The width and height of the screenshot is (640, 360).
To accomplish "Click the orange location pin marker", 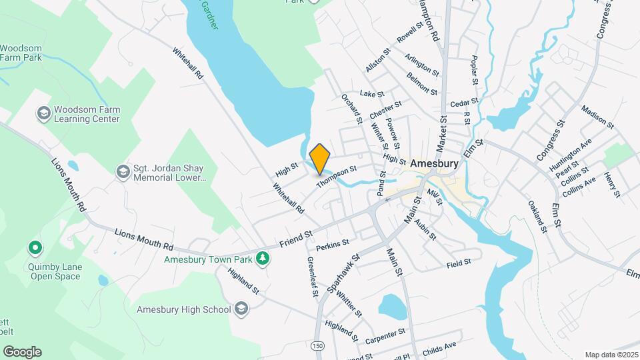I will (x=320, y=158).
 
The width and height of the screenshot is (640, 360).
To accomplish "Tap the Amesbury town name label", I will (x=434, y=163).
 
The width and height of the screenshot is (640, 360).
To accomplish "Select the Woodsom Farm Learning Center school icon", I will (x=43, y=113).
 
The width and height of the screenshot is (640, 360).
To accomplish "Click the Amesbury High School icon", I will (x=241, y=309).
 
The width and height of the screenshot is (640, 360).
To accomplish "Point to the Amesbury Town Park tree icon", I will (x=263, y=257).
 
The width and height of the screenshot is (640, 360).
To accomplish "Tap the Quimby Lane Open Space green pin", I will (x=35, y=249).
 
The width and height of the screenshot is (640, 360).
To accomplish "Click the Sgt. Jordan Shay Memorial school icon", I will (x=123, y=172).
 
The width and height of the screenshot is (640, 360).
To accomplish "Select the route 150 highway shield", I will (x=318, y=345).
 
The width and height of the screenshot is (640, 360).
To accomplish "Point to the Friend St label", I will (x=296, y=237).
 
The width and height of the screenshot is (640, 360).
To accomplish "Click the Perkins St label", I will (x=333, y=245).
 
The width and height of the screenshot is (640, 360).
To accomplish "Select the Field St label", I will (x=459, y=264).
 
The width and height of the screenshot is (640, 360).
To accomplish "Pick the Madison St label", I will (x=597, y=115).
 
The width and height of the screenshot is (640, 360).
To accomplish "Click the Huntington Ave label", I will (x=571, y=156).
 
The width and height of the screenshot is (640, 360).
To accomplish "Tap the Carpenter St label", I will (x=385, y=333).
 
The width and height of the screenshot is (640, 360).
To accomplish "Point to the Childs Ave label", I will (x=440, y=345).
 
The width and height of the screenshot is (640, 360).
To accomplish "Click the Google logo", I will (x=22, y=351).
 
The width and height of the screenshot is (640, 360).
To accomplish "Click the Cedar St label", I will (x=465, y=103).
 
